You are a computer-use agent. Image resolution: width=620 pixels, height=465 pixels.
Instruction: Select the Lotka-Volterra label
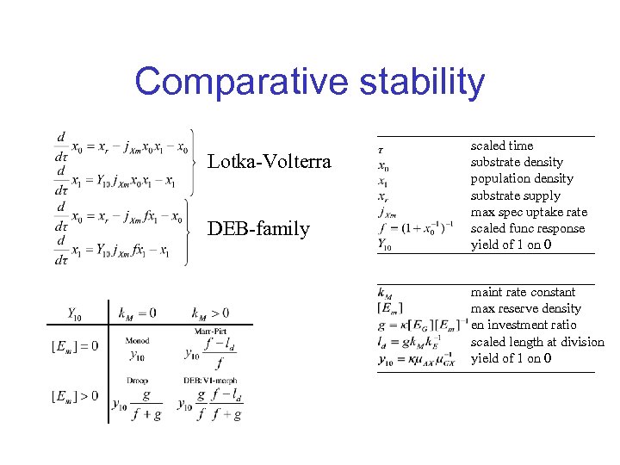270,161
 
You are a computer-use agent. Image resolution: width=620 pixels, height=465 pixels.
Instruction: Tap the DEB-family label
258,228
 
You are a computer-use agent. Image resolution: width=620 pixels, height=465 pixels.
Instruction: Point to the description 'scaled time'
501,146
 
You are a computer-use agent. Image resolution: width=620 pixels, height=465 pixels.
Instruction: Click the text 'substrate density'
516,162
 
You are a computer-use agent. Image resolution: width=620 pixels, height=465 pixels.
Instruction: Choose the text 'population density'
521,178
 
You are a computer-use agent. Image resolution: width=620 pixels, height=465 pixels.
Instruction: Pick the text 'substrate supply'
515,195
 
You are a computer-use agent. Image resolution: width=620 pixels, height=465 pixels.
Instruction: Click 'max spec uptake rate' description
528,212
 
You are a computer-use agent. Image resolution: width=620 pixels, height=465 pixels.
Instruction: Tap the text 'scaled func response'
527,228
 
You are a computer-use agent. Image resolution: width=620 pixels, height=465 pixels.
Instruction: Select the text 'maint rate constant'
522,292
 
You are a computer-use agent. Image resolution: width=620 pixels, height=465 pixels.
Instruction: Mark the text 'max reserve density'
525,308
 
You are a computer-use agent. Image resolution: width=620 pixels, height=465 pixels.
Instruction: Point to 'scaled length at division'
536,342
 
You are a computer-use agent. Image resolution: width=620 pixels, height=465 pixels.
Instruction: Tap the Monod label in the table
137,341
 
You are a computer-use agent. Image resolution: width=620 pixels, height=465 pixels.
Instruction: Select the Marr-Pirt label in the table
210,332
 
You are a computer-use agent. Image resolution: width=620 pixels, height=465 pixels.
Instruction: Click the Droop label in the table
137,380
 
